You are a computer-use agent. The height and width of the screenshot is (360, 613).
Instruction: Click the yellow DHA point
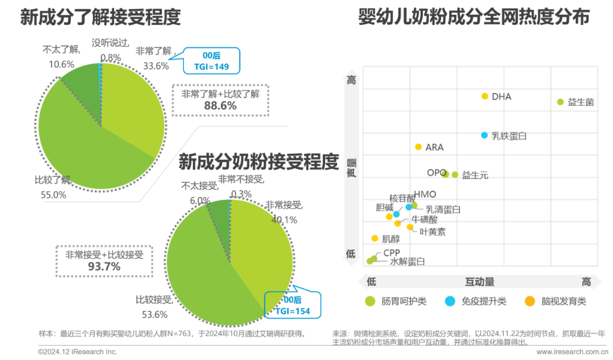(x=484, y=96)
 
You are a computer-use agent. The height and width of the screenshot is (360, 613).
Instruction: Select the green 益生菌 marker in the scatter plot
(x=560, y=102)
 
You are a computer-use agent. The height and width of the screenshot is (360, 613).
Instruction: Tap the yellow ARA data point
(x=418, y=147)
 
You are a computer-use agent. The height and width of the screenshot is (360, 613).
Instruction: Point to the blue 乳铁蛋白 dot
(x=484, y=135)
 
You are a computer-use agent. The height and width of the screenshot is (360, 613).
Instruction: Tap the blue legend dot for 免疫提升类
(x=450, y=302)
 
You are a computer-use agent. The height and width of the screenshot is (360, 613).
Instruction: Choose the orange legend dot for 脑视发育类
(x=530, y=302)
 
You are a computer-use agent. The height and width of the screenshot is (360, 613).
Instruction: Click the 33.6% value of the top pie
(x=156, y=65)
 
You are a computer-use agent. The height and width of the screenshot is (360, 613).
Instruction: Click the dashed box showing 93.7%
(x=104, y=261)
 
